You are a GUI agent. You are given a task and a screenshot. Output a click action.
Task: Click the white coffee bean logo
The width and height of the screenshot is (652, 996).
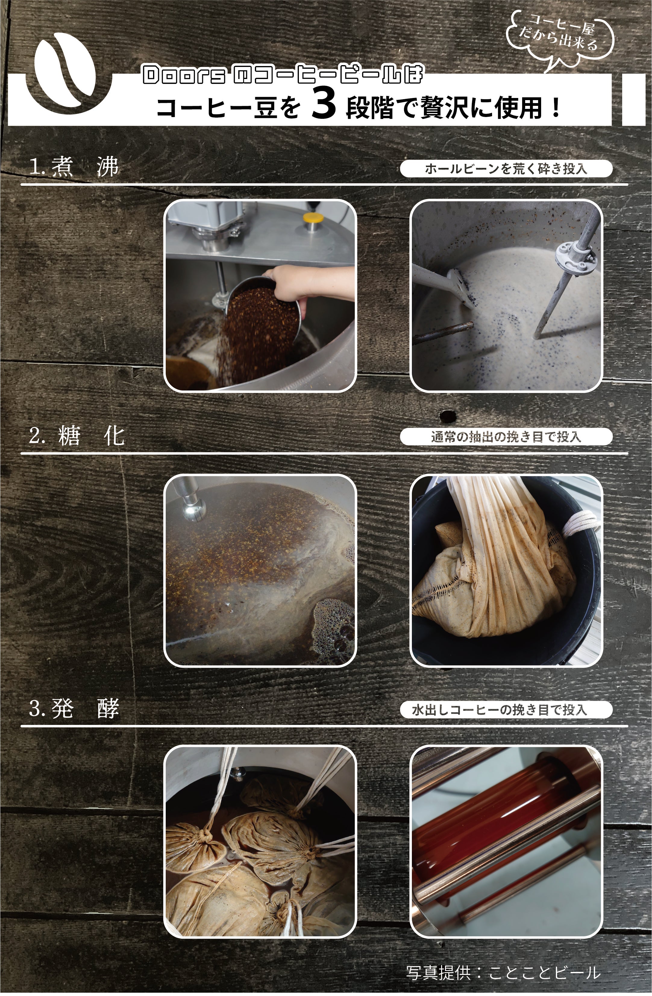pyautogui.click(x=67, y=71)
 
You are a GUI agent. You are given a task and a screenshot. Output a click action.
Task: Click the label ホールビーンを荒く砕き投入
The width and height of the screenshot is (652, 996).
pyautogui.click(x=506, y=169)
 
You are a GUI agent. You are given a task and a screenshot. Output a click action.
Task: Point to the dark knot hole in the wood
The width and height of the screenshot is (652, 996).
pyautogui.click(x=447, y=416)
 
